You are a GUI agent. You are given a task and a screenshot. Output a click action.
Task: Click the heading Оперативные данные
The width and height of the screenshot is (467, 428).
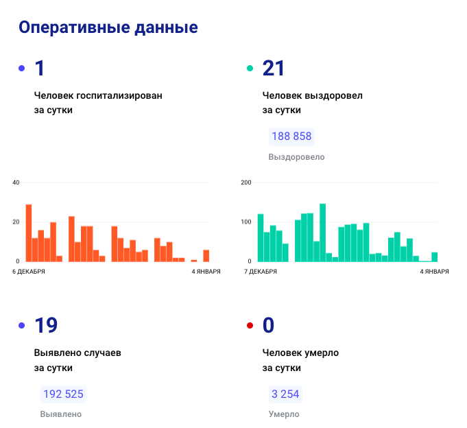tap(108, 27)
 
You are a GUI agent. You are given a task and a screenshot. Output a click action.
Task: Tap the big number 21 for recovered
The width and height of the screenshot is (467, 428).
tap(273, 69)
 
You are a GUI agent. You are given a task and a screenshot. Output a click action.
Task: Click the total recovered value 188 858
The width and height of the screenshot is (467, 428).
tap(291, 136)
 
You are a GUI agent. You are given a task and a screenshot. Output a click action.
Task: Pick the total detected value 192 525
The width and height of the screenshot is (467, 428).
tap(63, 394)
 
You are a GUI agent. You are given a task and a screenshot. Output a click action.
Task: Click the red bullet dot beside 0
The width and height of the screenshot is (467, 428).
tap(250, 326)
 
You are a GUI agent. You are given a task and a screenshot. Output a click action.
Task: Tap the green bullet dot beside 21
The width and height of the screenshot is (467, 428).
tap(250, 69)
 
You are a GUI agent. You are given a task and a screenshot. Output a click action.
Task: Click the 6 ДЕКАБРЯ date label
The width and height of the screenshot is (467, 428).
tap(29, 272)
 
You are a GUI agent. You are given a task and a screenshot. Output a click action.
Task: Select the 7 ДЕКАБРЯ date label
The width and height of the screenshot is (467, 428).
tap(261, 272)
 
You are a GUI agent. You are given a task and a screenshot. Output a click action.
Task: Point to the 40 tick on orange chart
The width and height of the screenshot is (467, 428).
tap(16, 182)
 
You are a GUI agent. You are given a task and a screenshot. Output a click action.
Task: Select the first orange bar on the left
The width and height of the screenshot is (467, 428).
tap(29, 233)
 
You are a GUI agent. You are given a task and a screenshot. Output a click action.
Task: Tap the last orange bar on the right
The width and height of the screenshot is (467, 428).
tap(206, 256)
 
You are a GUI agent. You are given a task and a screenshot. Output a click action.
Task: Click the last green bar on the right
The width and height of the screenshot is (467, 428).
tap(434, 257)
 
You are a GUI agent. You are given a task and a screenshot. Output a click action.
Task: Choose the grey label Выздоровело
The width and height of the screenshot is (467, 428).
tap(297, 157)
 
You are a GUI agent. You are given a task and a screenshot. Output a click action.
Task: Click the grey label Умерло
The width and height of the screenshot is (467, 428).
tap(284, 414)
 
